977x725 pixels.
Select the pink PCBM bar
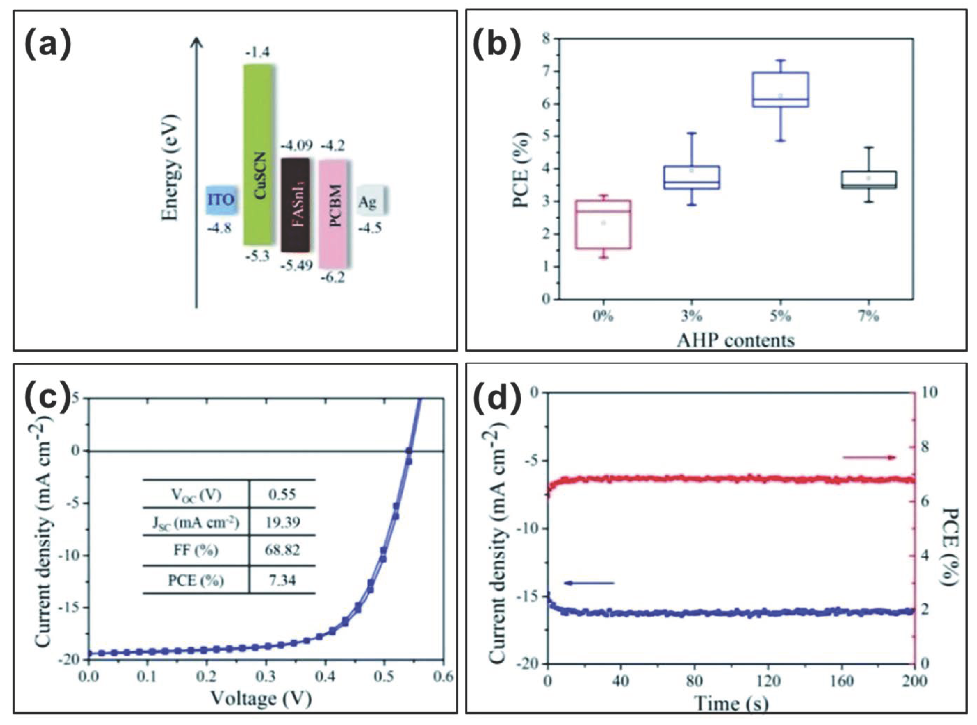coord(335,213)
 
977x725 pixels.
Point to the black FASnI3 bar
coord(296,205)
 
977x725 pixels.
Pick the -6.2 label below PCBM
coord(333,277)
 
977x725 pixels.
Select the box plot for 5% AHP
coord(780,90)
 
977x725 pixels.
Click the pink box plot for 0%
coord(603,225)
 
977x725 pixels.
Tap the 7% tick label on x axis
coord(868,316)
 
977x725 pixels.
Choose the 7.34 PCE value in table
coord(282,581)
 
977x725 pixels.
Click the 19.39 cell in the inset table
coord(282,522)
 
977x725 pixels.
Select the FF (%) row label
coord(196,550)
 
